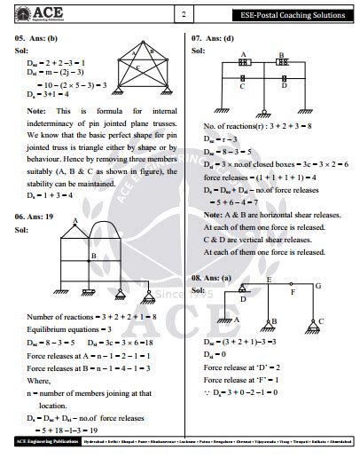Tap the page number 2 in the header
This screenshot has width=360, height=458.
coord(183,15)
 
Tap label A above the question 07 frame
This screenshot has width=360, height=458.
coord(241,54)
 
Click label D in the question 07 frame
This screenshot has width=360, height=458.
coord(285,86)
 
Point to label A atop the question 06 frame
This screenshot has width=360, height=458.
coord(75,221)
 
